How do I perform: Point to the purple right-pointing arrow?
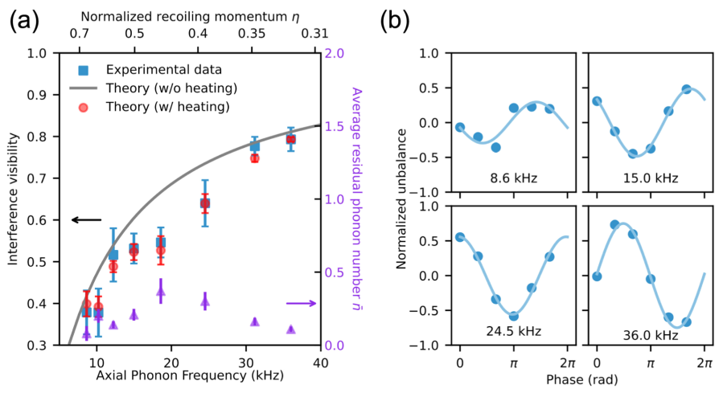tap(300, 303)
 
